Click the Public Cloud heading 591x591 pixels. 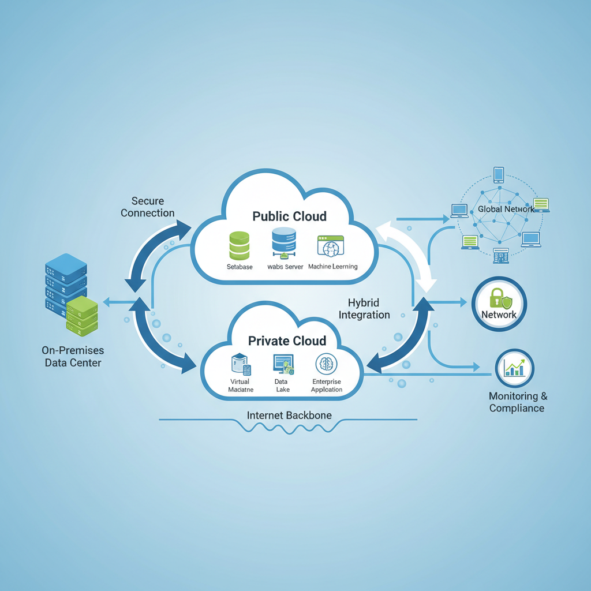tap(289, 216)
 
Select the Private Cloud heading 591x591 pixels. tap(287, 341)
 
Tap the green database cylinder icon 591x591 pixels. tap(239, 245)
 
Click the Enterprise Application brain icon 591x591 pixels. tap(326, 364)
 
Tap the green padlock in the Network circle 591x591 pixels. tap(496, 297)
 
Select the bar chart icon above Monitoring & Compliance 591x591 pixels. tap(515, 368)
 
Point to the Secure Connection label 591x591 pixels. tap(148, 207)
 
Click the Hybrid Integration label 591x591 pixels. tap(364, 309)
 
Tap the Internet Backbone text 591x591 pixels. tap(289, 415)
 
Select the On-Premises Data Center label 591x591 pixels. tap(72, 356)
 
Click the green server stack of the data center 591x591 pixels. tap(81, 316)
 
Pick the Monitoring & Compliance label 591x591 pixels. tap(517, 402)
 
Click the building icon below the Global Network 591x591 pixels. tap(500, 256)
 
